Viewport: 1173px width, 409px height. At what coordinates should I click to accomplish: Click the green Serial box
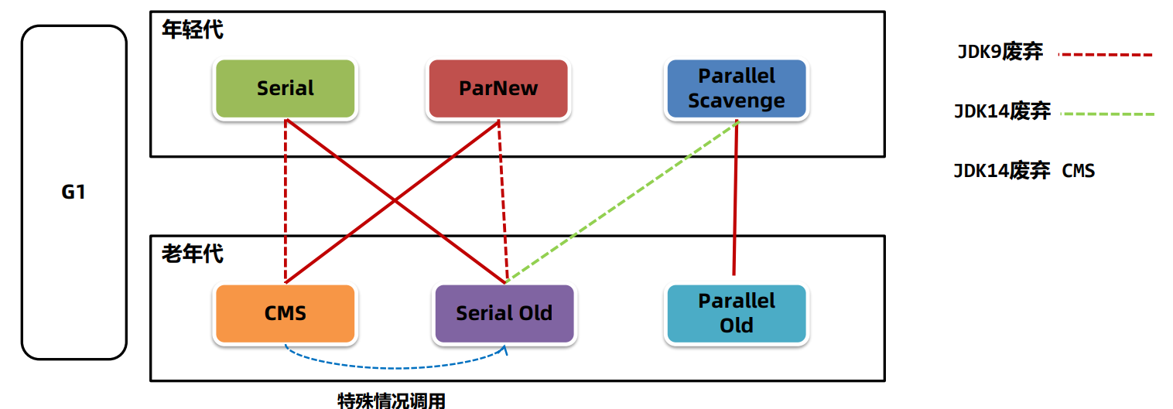pyautogui.click(x=285, y=88)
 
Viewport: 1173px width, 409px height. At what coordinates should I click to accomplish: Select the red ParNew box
pyautogui.click(x=498, y=88)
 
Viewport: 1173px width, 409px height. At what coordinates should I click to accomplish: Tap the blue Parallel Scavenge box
pyautogui.click(x=736, y=88)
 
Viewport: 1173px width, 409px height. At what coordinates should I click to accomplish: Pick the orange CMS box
pyautogui.click(x=285, y=313)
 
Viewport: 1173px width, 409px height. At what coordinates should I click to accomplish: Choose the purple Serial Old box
pyautogui.click(x=504, y=313)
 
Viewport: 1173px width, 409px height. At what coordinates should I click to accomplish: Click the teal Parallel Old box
pyautogui.click(x=736, y=313)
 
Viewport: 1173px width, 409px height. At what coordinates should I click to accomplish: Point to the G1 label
pyautogui.click(x=74, y=192)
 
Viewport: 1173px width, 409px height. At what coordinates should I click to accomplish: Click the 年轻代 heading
pyautogui.click(x=193, y=30)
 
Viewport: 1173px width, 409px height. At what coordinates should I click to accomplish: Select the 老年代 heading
pyautogui.click(x=193, y=253)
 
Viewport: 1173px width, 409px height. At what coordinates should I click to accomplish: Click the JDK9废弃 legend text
pyautogui.click(x=1000, y=53)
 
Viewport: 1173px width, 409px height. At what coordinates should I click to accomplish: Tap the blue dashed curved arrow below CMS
pyautogui.click(x=395, y=366)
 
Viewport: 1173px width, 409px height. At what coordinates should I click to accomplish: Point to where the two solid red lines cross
pyautogui.click(x=395, y=201)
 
